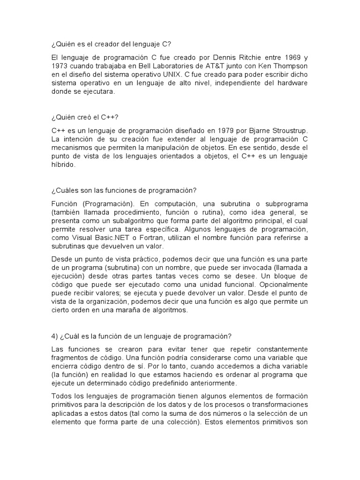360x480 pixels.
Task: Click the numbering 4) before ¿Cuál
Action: (54, 336)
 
